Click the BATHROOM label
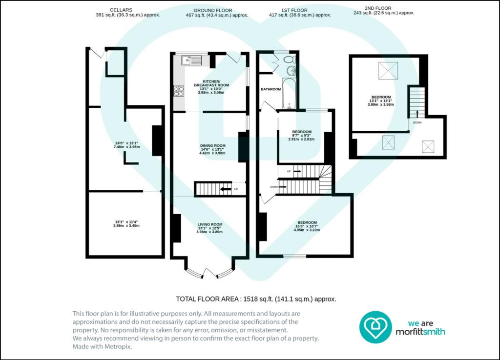click(x=271, y=89)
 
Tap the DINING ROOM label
click(x=212, y=145)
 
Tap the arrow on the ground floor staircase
click(x=226, y=189)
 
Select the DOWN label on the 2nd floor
click(x=417, y=122)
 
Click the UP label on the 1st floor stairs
click(x=289, y=172)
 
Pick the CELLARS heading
click(x=128, y=10)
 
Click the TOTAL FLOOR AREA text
click(x=256, y=299)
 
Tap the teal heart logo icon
click(x=375, y=327)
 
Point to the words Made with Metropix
click(x=103, y=346)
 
